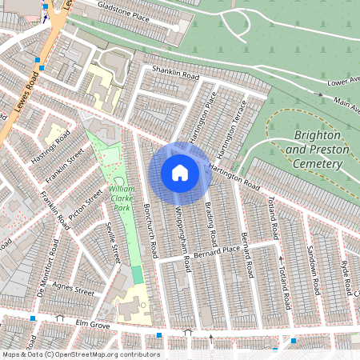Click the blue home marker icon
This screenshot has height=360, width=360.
[180, 172]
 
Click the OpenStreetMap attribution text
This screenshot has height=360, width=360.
[80, 354]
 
